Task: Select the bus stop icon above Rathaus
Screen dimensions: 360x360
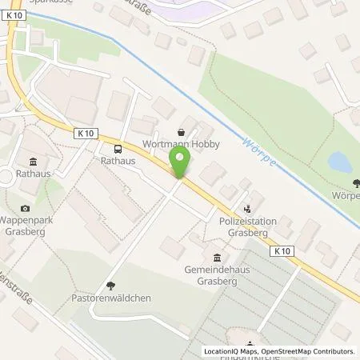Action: (x=118, y=148)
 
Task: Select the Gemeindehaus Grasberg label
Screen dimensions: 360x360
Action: (x=219, y=274)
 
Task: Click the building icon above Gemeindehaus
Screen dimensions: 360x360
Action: (x=218, y=257)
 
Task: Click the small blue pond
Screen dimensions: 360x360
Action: (x=338, y=164)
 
